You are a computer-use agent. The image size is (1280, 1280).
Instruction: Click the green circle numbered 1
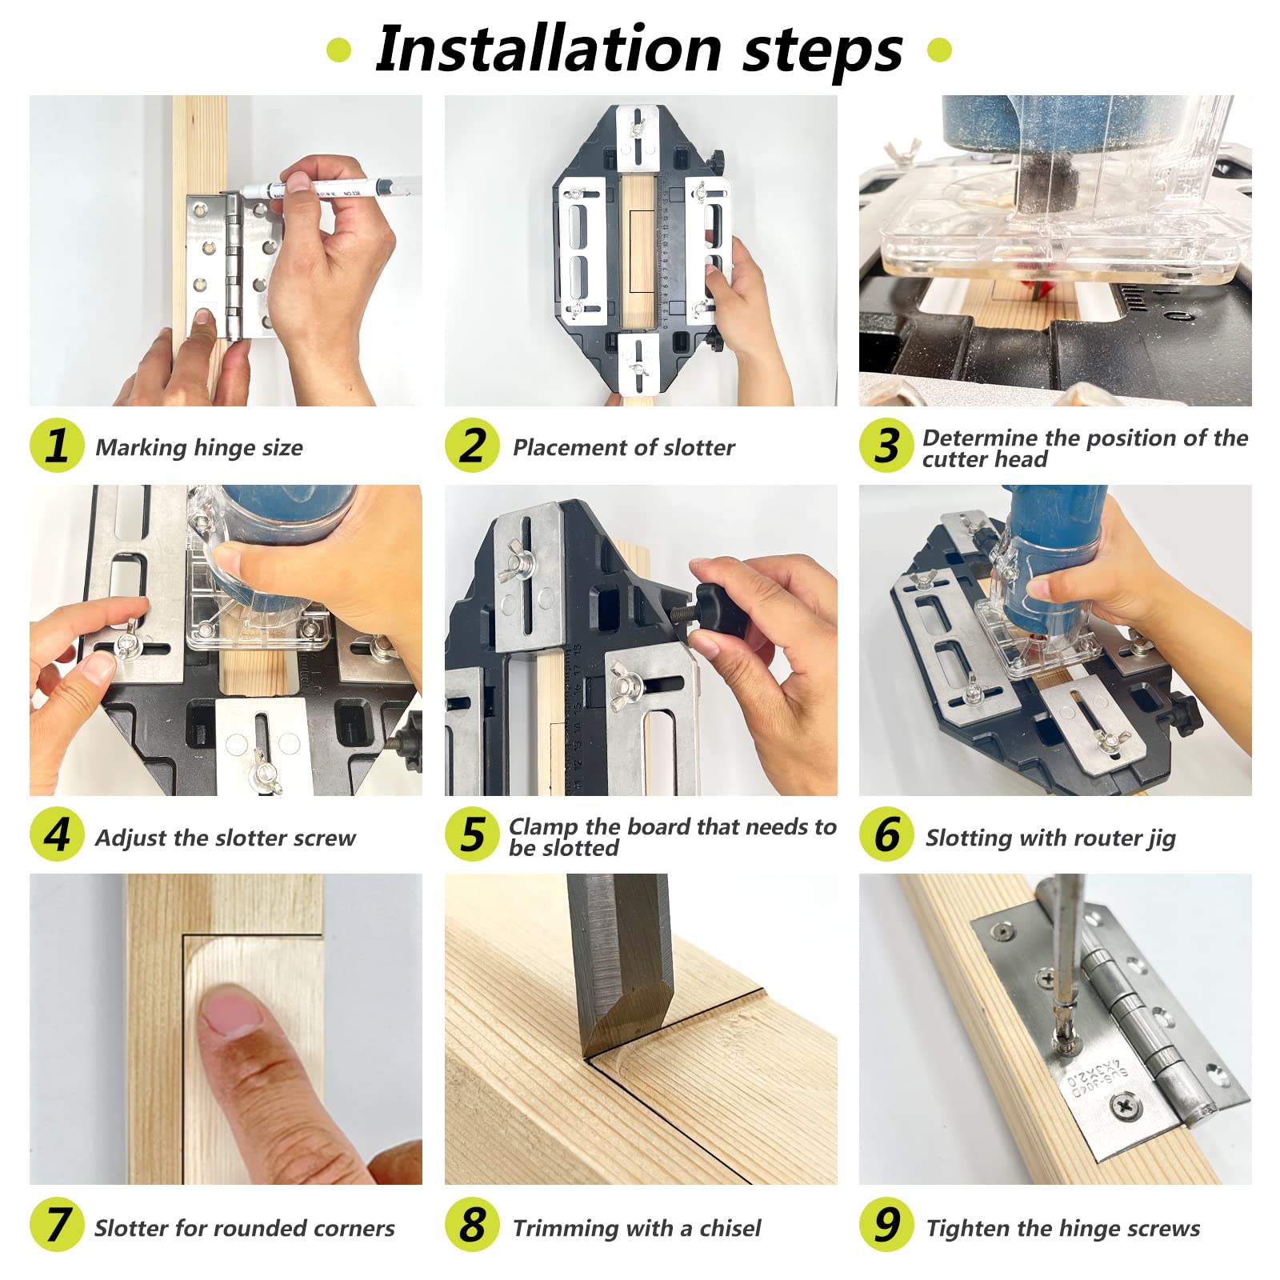click(57, 446)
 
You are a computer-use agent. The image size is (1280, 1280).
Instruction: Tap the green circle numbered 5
click(472, 835)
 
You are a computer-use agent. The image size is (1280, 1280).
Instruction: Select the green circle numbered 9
click(886, 1225)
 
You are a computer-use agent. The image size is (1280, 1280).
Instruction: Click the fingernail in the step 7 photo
click(231, 1011)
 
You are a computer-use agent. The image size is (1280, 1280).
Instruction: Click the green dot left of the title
click(339, 50)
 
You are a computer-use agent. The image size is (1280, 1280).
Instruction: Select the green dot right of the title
click(939, 50)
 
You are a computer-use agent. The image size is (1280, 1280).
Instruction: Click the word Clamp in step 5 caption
click(543, 827)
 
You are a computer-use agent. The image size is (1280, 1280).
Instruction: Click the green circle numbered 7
click(57, 1225)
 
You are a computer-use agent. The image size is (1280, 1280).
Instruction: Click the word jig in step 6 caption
click(1161, 839)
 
